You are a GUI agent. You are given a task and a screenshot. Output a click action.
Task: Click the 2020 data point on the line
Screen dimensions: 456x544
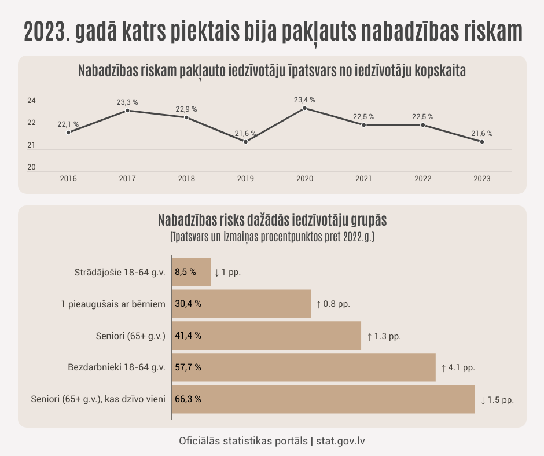point(304,108)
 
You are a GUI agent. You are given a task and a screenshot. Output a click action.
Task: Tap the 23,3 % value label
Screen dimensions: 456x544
point(127,102)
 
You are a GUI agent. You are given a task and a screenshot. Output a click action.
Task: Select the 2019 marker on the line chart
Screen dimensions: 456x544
point(245,142)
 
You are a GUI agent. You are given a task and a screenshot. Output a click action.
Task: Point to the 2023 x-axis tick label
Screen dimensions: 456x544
point(481,179)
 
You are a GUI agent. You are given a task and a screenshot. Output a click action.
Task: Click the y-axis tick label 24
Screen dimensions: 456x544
point(32,101)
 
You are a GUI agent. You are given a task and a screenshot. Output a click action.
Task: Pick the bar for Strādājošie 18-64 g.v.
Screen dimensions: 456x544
point(192,272)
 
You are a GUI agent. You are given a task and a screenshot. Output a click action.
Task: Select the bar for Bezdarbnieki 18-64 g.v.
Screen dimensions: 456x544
point(304,367)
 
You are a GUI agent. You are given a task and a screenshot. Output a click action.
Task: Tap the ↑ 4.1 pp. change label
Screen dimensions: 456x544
point(458,367)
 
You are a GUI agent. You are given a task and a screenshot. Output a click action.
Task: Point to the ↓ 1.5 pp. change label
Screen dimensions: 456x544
point(497,399)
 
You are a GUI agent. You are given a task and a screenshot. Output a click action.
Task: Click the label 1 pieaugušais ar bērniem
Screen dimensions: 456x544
point(114,304)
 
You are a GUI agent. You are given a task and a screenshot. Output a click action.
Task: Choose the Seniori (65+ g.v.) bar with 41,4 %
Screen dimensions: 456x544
point(266,336)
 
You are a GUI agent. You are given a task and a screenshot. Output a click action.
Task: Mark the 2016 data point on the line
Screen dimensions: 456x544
point(68,133)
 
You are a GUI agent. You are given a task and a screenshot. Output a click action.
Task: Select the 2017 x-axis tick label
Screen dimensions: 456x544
point(127,179)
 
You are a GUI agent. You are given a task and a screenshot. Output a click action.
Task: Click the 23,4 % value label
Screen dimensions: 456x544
point(304,100)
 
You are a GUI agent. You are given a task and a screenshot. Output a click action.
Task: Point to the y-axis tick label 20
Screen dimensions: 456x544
point(32,167)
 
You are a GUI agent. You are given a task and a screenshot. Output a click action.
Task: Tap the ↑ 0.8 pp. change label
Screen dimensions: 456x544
point(333,304)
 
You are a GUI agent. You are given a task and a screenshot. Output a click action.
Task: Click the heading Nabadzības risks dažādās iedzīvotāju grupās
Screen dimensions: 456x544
point(272,221)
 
